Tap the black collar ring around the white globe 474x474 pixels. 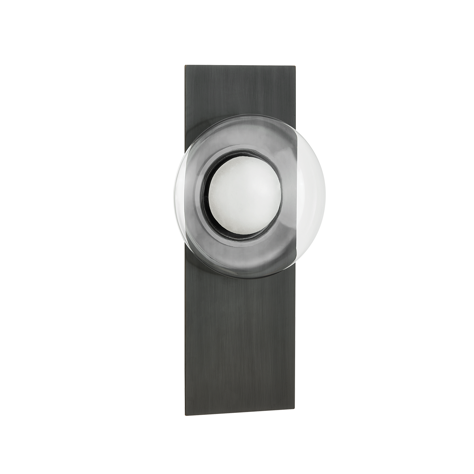point(208,205)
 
